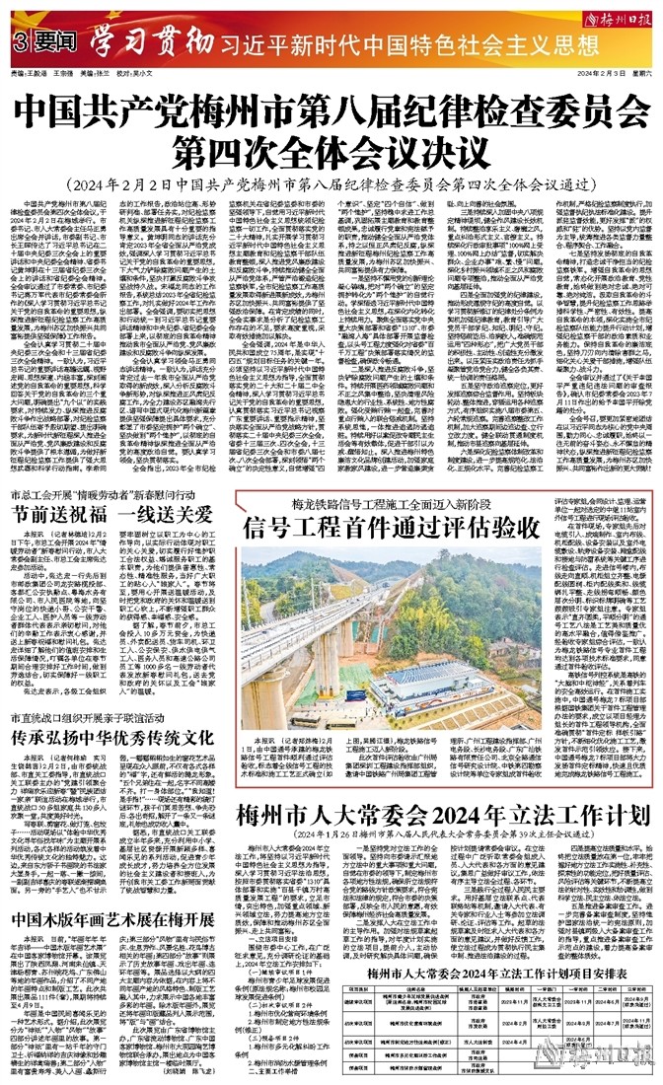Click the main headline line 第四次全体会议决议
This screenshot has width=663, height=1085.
[x=331, y=128]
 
